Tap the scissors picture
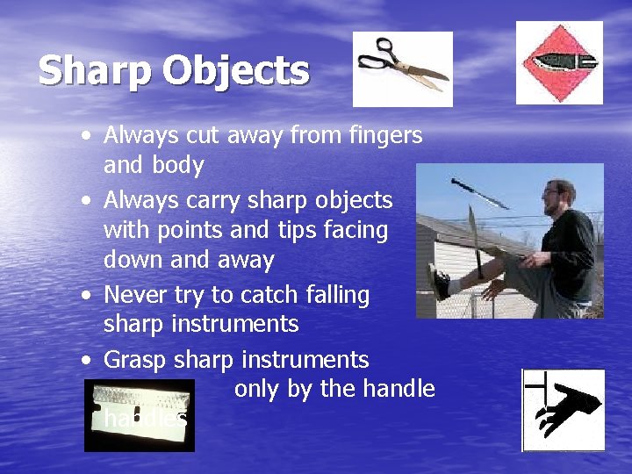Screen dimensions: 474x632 402,68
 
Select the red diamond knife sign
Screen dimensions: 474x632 559,62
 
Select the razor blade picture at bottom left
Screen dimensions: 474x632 139,415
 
